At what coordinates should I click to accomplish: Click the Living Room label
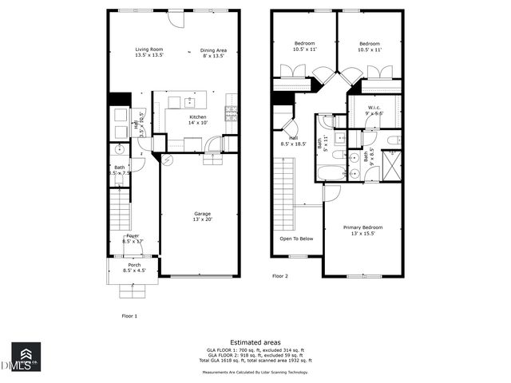click(149, 49)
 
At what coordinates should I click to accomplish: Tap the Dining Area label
click(213, 50)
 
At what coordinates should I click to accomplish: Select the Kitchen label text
click(197, 117)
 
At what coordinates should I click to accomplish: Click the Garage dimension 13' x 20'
click(202, 219)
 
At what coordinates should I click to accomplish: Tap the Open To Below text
click(296, 239)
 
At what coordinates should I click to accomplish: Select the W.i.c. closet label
click(374, 107)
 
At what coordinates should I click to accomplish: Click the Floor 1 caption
click(129, 316)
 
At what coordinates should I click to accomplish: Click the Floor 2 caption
click(279, 276)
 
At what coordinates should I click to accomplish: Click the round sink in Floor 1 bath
click(117, 149)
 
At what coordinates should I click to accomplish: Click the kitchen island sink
click(190, 101)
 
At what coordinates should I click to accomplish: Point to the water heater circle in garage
click(166, 159)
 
